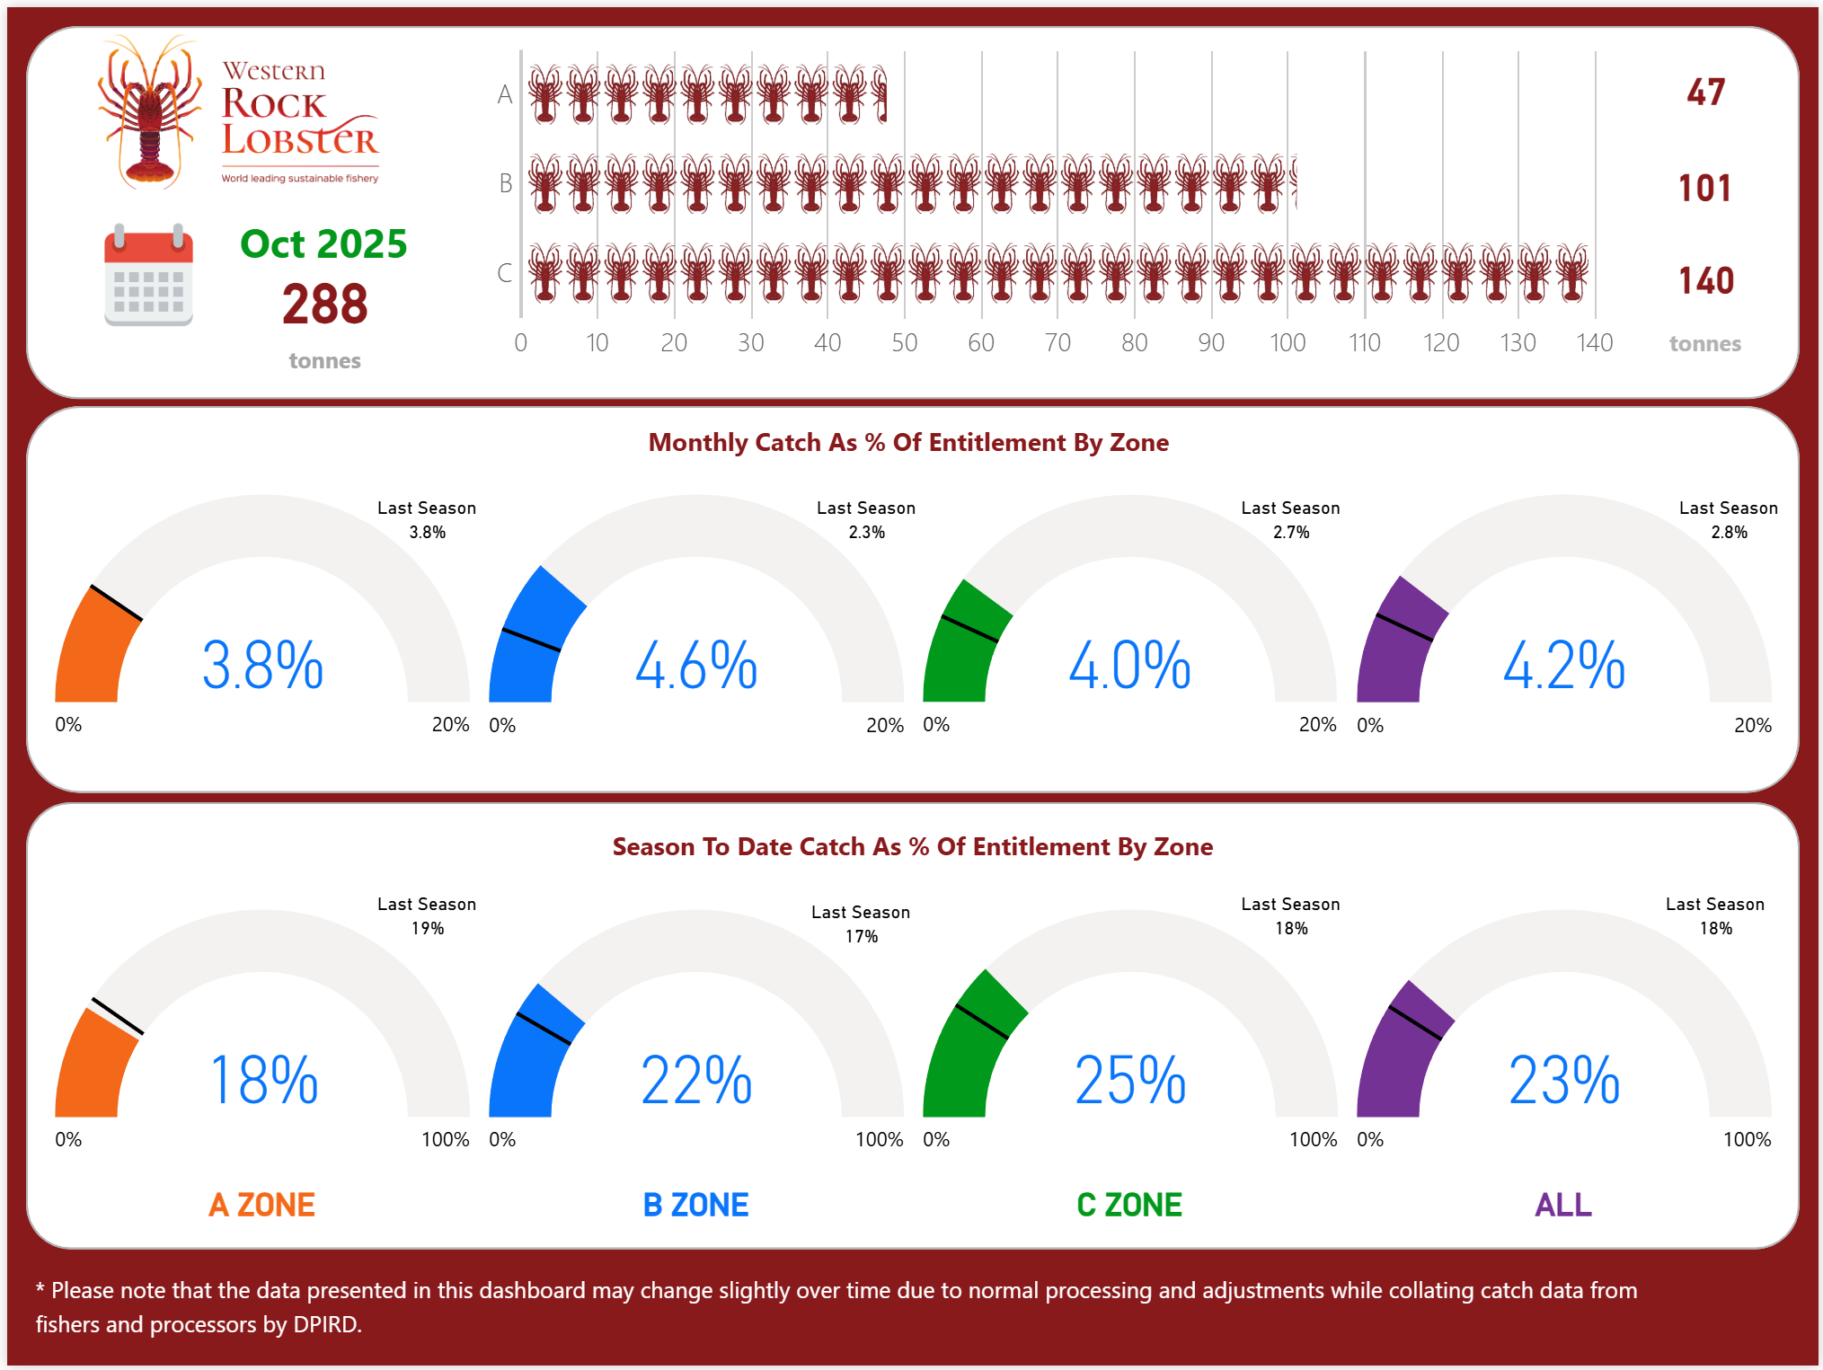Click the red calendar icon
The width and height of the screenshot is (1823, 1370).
tap(148, 275)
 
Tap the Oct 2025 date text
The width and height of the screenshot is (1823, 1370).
tap(323, 244)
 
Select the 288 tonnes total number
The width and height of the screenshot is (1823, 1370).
tap(324, 304)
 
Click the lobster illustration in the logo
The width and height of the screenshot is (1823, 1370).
tap(151, 112)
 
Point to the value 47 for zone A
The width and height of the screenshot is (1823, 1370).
tap(1705, 93)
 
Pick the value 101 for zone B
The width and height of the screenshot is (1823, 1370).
tap(1704, 188)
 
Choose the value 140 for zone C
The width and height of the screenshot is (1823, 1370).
tap(1705, 281)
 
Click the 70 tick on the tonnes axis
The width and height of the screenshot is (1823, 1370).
tap(1058, 342)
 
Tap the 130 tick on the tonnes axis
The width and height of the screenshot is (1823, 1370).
tap(1518, 342)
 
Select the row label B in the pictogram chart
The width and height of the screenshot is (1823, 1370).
tap(506, 183)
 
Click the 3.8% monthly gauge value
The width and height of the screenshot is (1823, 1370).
tap(262, 666)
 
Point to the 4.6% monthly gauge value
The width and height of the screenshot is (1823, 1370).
tap(696, 666)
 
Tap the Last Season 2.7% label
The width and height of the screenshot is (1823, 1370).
tap(1290, 520)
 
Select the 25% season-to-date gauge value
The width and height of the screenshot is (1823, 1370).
tap(1130, 1080)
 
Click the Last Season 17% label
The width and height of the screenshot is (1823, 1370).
tap(861, 924)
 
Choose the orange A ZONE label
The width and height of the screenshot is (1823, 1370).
tap(261, 1205)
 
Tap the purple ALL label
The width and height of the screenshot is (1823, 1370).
tap(1562, 1205)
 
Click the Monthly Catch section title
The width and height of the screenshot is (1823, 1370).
tap(908, 442)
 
